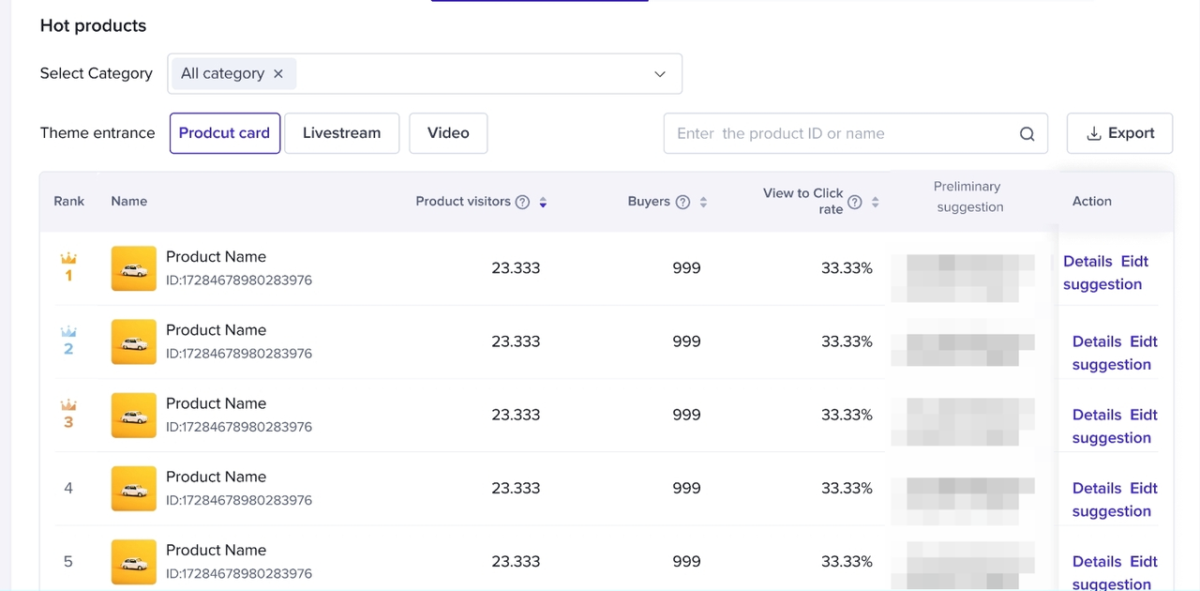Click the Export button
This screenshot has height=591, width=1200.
tap(1119, 133)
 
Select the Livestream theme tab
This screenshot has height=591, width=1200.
tap(341, 133)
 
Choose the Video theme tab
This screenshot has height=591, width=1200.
tap(448, 133)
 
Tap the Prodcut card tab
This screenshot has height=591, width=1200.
tap(224, 133)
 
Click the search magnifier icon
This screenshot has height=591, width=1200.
tap(1027, 134)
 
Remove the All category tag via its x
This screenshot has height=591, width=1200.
tap(278, 74)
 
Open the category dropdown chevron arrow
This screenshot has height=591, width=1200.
tap(660, 74)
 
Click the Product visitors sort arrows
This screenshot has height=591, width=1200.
tap(543, 202)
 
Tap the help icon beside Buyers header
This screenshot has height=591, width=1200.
tap(682, 202)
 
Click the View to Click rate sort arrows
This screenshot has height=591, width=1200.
tap(875, 202)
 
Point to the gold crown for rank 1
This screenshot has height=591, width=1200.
tap(68, 258)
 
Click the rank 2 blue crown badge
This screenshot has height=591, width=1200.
tap(68, 332)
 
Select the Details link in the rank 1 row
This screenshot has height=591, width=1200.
tap(1087, 262)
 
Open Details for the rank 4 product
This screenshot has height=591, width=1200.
tap(1097, 489)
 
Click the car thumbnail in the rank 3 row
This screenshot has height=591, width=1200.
tap(133, 415)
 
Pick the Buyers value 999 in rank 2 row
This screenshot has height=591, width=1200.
tap(686, 341)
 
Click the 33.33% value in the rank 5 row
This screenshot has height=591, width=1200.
tap(847, 562)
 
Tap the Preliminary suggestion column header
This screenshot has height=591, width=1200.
tap(969, 197)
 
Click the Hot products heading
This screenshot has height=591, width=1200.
tap(93, 26)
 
